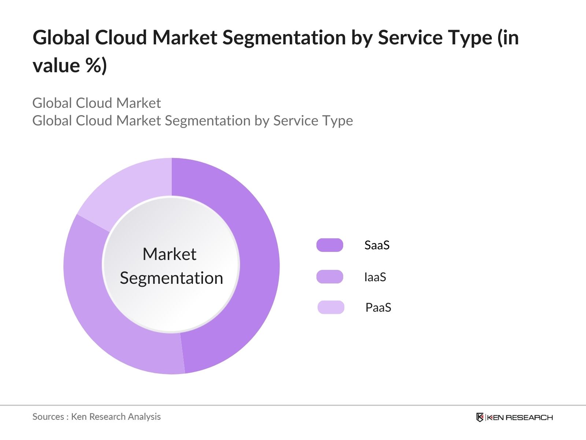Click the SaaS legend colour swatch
[x=330, y=245]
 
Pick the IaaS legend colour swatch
[x=330, y=277]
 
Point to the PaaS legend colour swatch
[x=331, y=307]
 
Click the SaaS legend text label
[x=377, y=245]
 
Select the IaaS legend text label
[x=375, y=277]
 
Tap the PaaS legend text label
[x=378, y=307]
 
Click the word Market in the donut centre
[x=169, y=254]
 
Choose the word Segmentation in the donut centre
[x=171, y=278]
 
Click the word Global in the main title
[x=61, y=37]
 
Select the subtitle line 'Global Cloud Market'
[x=97, y=103]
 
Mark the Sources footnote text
[x=96, y=417]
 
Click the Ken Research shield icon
[x=480, y=417]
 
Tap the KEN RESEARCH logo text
[x=519, y=417]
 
